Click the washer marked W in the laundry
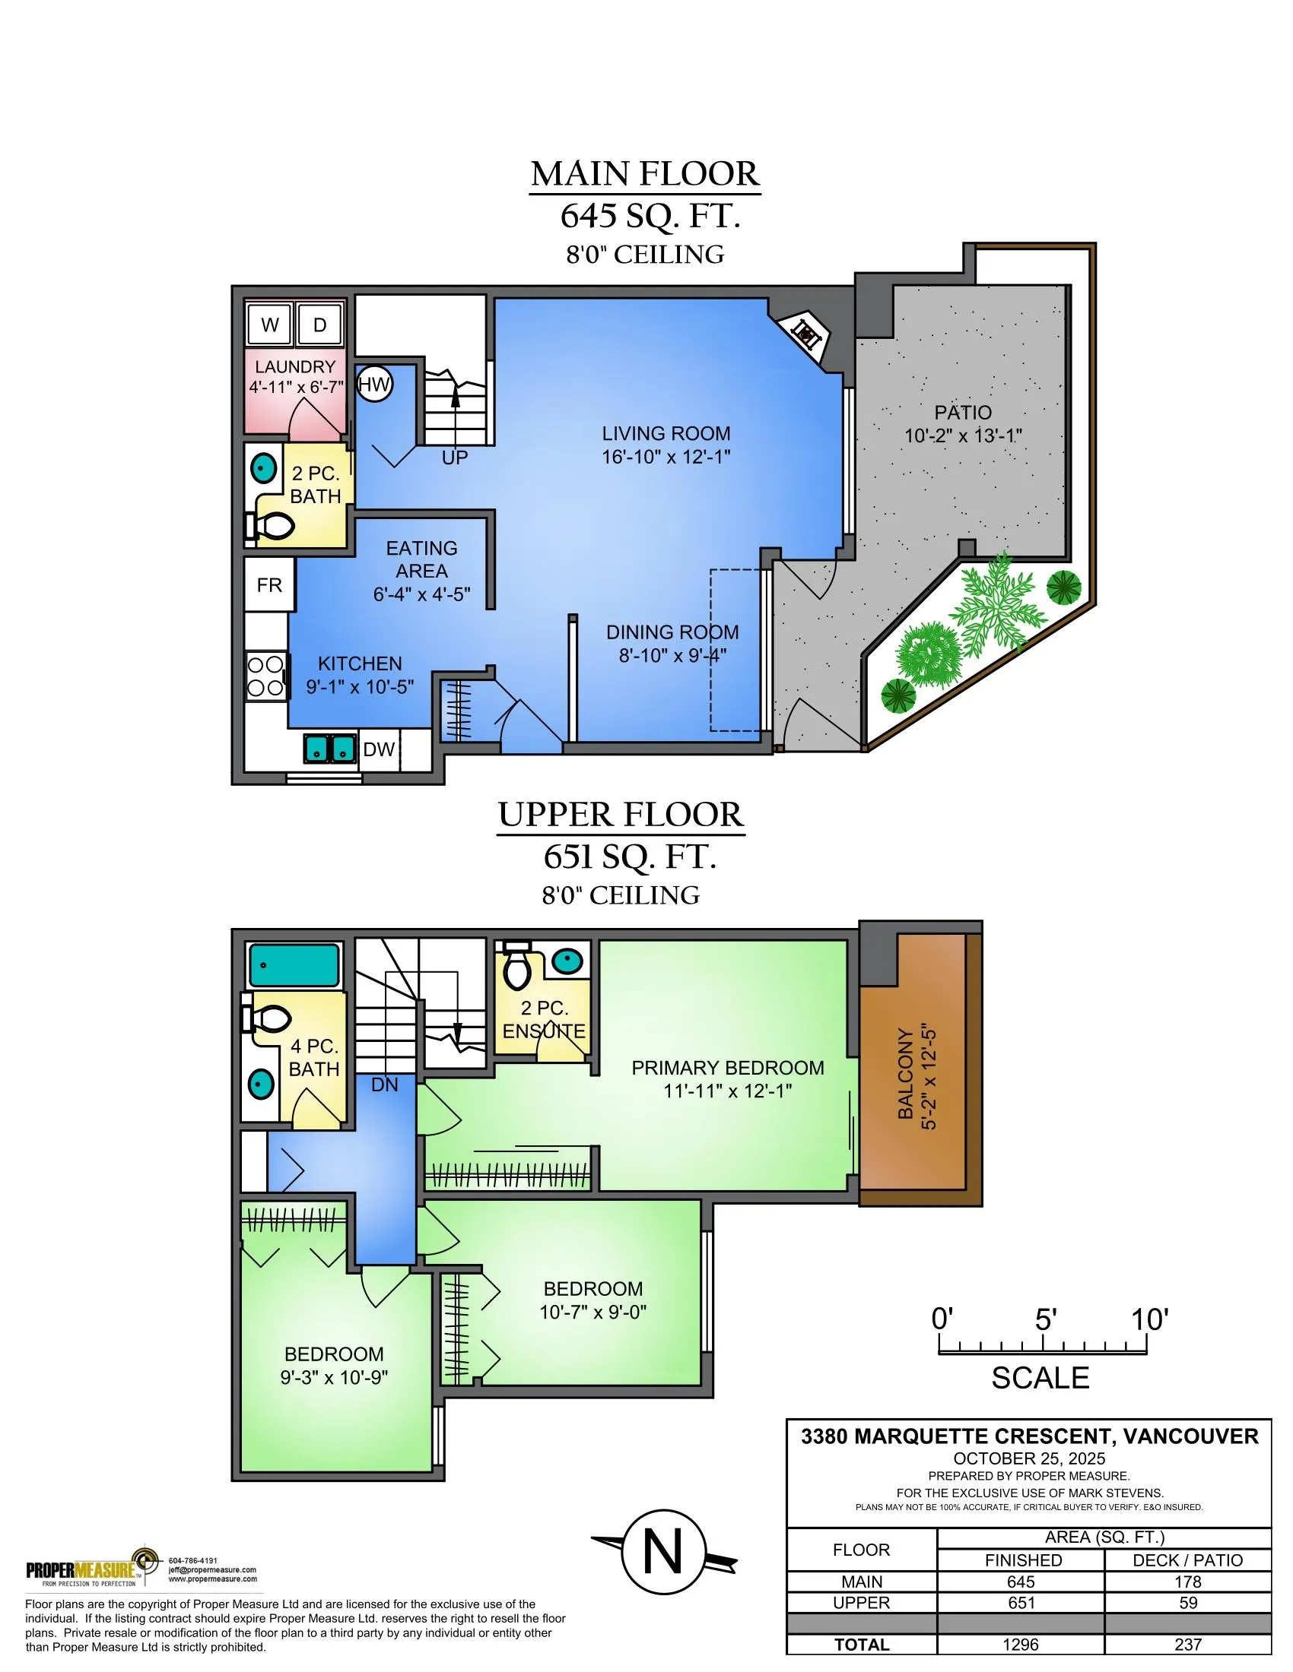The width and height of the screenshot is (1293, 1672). point(270,325)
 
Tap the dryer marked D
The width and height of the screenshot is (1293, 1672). point(319,325)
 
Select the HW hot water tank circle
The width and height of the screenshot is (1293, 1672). point(373,385)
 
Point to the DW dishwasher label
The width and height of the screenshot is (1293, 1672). point(379,749)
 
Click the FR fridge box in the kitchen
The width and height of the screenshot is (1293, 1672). point(268,585)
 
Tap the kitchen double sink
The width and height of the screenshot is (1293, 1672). point(330,747)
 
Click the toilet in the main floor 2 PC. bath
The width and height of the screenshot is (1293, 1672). point(272,526)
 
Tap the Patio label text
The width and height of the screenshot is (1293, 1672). point(963,413)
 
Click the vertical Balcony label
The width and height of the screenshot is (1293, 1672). point(906,1073)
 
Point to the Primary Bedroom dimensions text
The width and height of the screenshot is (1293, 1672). point(727,1090)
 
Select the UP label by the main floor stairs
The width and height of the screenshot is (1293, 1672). point(454,458)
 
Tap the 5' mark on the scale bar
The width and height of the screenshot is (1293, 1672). point(1045,1319)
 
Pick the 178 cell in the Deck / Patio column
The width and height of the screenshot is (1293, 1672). point(1187,1582)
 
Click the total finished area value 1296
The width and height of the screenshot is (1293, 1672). point(1020,1644)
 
